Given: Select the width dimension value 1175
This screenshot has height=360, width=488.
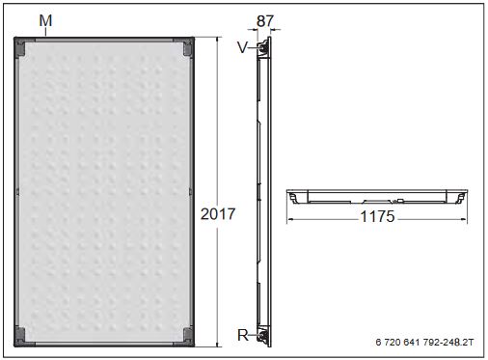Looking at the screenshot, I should click(x=377, y=217).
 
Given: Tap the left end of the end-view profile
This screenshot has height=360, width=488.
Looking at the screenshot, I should click(x=292, y=197).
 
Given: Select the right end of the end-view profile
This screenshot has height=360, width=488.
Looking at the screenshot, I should click(x=462, y=197).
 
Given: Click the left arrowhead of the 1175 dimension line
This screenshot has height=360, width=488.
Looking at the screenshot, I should click(x=291, y=217).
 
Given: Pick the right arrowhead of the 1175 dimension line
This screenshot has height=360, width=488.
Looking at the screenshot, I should click(x=464, y=217).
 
